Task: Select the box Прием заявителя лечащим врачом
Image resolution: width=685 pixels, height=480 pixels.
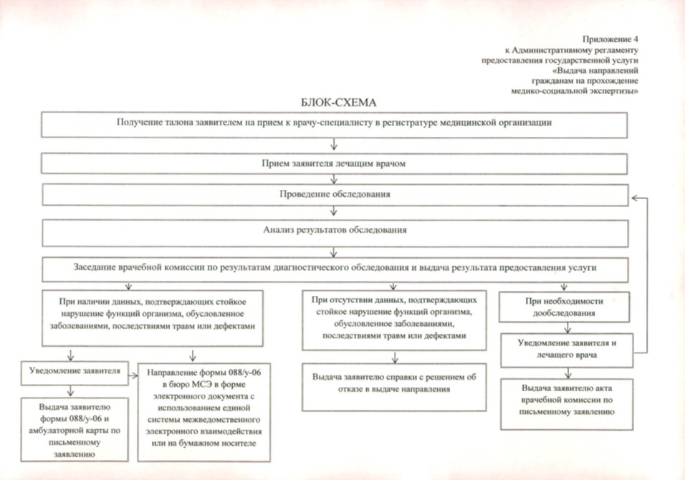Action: coord(335,163)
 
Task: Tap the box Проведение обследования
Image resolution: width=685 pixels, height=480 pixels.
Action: coord(335,194)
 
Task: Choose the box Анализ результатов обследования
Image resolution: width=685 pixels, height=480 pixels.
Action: coord(335,231)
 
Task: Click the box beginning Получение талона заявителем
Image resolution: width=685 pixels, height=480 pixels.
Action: coord(335,123)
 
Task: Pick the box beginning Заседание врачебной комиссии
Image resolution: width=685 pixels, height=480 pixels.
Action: coord(335,267)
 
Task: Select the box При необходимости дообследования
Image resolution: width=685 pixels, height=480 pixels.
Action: coord(566,307)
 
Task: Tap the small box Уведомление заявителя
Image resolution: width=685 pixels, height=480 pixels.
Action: coord(70,372)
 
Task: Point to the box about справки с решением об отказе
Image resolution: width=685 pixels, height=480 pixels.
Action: coord(394,383)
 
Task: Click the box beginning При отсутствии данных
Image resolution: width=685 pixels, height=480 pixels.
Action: coord(394,319)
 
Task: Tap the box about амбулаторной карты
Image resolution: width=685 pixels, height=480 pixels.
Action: coord(75,429)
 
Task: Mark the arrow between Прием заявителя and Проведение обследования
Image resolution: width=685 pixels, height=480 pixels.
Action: coord(334,179)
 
